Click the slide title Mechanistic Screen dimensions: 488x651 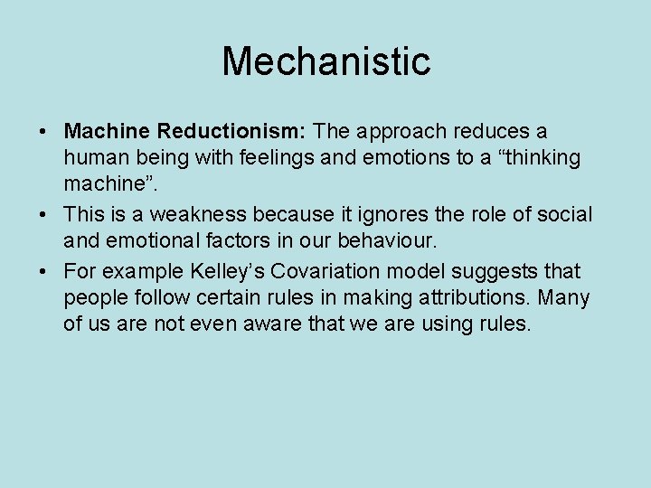325,61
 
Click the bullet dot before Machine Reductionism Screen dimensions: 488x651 44,133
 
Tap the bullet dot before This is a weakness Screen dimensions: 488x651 44,215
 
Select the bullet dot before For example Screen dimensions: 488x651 44,272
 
